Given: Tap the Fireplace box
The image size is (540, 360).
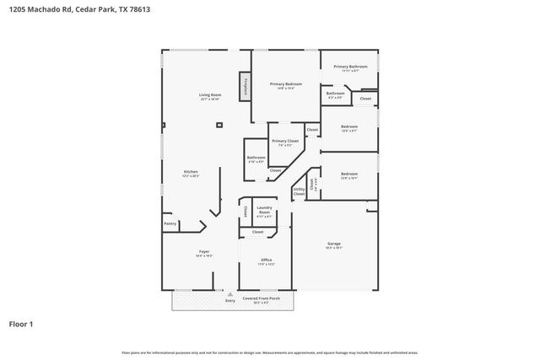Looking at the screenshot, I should [x=246, y=86].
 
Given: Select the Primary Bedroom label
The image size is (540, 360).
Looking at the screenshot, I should [x=286, y=84].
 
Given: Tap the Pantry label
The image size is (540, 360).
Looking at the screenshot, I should [x=170, y=223].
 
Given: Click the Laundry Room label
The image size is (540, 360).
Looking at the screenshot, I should [x=263, y=212].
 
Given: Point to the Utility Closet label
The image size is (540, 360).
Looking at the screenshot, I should [x=299, y=192].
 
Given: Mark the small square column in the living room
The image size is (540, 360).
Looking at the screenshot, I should [x=220, y=124].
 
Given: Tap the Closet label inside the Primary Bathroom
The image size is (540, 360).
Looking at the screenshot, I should [x=364, y=99].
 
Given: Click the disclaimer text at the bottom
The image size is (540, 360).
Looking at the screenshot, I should [x=269, y=352].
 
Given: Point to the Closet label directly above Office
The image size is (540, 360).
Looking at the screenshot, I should [x=257, y=232].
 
